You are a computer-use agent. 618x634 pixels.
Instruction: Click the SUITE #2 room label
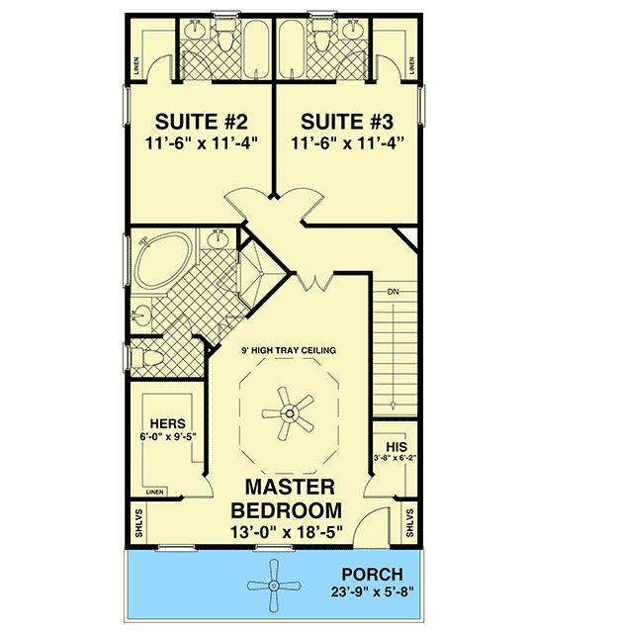(x=199, y=122)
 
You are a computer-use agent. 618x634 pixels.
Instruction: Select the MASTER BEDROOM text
(x=287, y=499)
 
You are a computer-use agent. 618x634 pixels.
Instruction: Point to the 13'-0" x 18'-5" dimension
(x=287, y=535)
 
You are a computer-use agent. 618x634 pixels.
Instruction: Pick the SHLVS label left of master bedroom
(x=138, y=523)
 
